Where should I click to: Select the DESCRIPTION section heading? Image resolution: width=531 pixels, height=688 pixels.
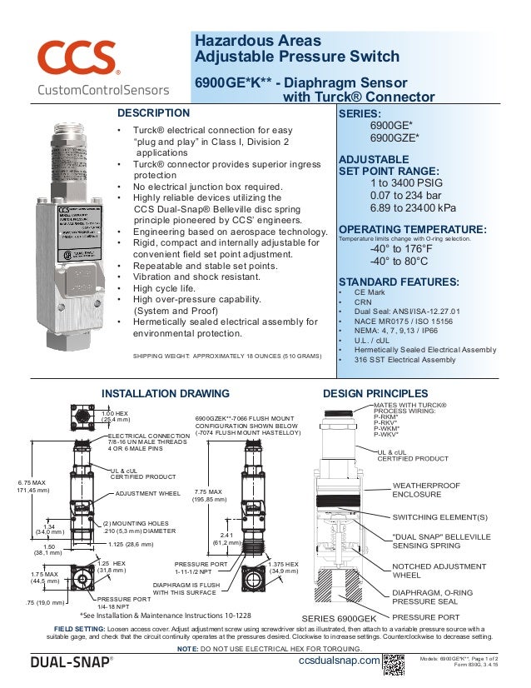[154, 113]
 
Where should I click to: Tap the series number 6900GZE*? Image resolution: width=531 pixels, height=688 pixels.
[394, 138]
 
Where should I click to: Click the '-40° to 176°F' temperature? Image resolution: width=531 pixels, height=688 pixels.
[401, 248]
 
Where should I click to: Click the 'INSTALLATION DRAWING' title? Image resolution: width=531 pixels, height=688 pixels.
[165, 393]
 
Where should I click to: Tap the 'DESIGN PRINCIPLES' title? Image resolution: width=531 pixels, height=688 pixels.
[375, 393]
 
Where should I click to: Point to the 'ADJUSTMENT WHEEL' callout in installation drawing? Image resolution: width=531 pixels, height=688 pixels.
[148, 493]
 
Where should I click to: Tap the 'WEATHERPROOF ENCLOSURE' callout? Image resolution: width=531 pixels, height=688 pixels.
[426, 489]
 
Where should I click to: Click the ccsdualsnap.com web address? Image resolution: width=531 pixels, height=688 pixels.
[339, 661]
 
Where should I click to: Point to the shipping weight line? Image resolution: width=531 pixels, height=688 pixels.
[227, 356]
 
